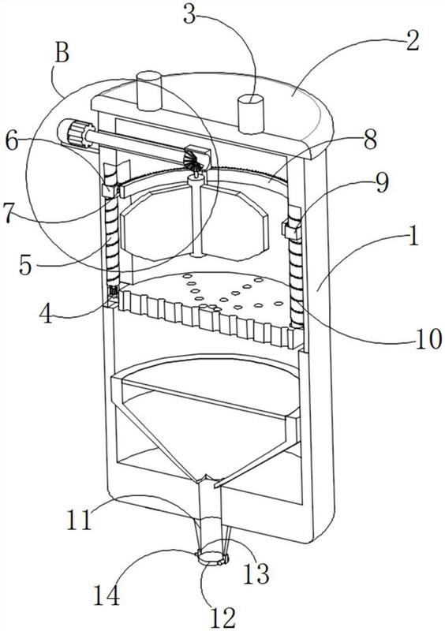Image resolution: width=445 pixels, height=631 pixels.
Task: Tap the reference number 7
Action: pos(11,212)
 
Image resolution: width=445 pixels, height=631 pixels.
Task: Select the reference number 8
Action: pos(369,139)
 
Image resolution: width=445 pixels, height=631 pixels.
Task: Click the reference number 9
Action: pos(382,182)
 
